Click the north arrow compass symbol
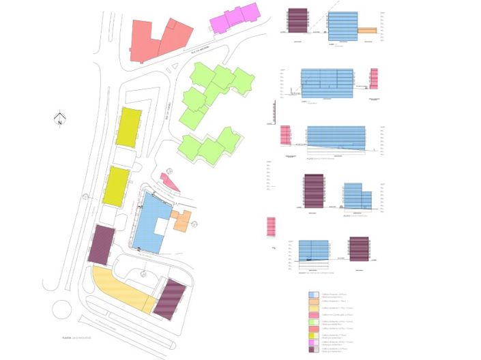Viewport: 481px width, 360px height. (60, 119)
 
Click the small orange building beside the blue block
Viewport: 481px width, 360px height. (182, 221)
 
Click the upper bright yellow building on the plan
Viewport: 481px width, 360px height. (128, 127)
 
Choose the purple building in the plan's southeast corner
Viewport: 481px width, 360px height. (170, 299)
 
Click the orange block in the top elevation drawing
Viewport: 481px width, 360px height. (366, 30)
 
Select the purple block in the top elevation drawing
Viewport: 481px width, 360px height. (297, 20)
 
